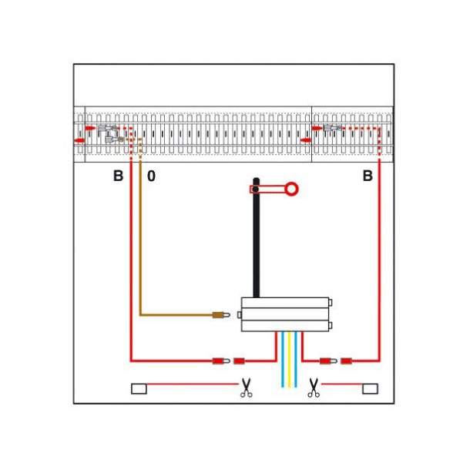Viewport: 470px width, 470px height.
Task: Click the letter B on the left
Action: click(118, 176)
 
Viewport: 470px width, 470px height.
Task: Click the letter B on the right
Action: click(368, 176)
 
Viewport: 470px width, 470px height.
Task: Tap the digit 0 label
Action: click(151, 176)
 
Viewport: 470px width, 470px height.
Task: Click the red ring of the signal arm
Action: click(292, 187)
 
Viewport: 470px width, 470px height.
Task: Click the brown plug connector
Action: click(221, 314)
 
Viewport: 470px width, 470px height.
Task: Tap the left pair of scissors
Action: click(246, 388)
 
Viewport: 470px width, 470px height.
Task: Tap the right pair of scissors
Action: click(313, 388)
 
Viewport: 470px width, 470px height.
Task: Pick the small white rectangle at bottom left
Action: click(139, 388)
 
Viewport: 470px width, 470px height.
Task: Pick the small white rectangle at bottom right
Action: click(371, 388)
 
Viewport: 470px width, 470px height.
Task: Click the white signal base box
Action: click(285, 314)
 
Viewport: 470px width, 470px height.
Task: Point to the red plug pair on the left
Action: click(227, 360)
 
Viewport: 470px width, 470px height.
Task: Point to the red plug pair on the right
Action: click(336, 360)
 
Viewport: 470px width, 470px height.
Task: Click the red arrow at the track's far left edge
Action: click(79, 141)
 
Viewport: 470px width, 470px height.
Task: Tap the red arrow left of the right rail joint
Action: click(305, 140)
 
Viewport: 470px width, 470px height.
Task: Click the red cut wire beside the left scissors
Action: click(193, 384)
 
